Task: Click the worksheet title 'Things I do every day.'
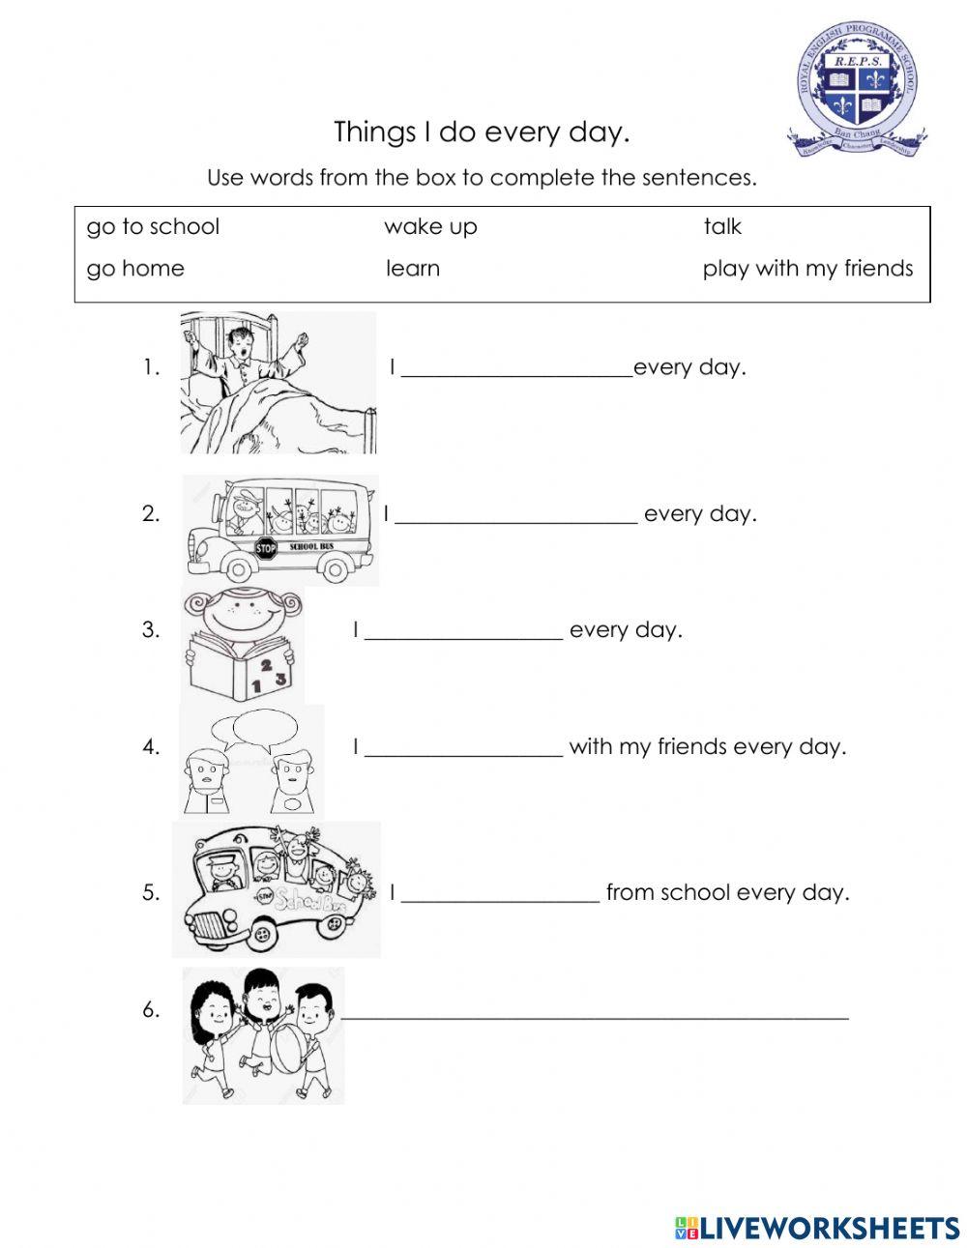click(482, 131)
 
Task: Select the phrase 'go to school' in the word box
click(153, 227)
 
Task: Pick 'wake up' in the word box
click(430, 227)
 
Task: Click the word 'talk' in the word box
click(722, 227)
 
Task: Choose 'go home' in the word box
click(135, 269)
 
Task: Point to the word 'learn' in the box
click(413, 269)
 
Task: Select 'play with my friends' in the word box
click(807, 269)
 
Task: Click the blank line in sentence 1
click(515, 373)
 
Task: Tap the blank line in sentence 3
click(464, 636)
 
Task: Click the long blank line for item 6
click(595, 1015)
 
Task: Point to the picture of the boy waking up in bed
click(278, 383)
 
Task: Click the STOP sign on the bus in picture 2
click(266, 549)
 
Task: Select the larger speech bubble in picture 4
click(265, 725)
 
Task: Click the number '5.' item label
click(151, 892)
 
